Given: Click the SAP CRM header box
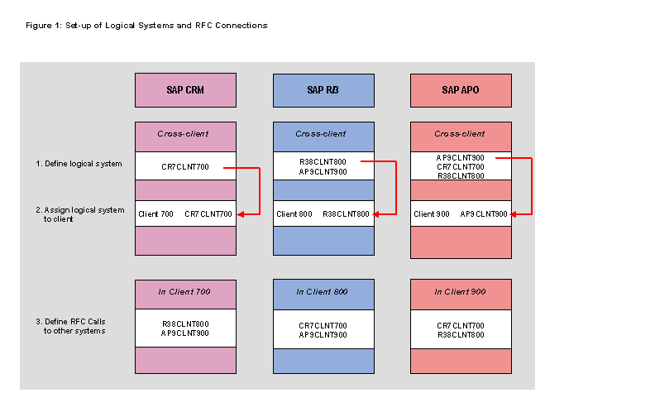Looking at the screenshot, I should coord(185,90).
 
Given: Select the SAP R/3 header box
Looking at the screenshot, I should coord(323,90).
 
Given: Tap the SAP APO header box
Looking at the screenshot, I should coord(461,90).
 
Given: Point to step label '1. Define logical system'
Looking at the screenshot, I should coord(79,164).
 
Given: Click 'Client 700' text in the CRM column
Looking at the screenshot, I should coord(156,214).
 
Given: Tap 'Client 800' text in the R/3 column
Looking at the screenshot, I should coord(294,214).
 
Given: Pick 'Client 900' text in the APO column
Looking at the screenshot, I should coord(432,214).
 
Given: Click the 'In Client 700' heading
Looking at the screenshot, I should coord(185,291).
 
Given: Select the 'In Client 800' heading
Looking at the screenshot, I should coord(323,291).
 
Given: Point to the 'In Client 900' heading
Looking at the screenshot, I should coord(461,291).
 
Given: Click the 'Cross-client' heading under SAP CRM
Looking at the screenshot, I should coord(185,134).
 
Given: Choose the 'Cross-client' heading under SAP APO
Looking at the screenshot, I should coord(461,134).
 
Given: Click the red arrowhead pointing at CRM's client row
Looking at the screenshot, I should coord(240,214).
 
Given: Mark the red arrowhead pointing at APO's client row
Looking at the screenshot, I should coord(515,214).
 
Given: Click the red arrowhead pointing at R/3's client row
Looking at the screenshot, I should coord(377,214).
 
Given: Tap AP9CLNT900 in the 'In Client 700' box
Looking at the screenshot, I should coord(185,333).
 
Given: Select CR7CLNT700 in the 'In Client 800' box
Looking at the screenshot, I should coord(323,325).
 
